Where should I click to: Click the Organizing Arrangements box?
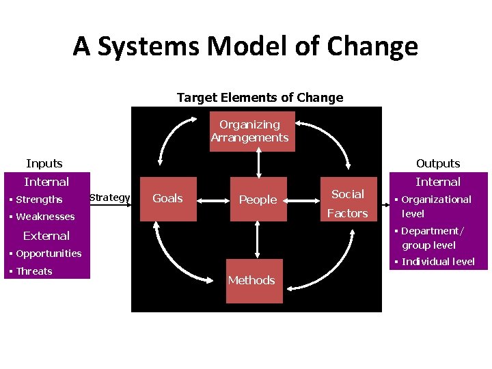pyautogui.click(x=249, y=131)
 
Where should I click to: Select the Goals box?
pyautogui.click(x=167, y=198)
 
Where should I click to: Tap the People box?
pyautogui.click(x=258, y=200)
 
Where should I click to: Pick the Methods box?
pyautogui.click(x=251, y=280)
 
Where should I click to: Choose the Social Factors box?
pyautogui.click(x=347, y=204)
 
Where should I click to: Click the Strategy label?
pyautogui.click(x=109, y=197)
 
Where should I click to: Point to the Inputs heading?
pyautogui.click(x=44, y=163)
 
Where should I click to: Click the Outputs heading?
pyautogui.click(x=438, y=163)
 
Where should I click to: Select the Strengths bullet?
pyautogui.click(x=39, y=200)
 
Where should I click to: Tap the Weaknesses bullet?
pyautogui.click(x=45, y=217)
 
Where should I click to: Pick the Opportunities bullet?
pyautogui.click(x=49, y=254)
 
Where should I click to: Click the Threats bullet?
pyautogui.click(x=34, y=271)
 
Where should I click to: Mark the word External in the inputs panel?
pyautogui.click(x=46, y=236)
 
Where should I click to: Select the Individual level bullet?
pyautogui.click(x=438, y=262)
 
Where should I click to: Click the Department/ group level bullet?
pyautogui.click(x=432, y=238)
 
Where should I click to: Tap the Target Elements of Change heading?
pyautogui.click(x=260, y=98)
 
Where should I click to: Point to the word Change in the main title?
pyautogui.click(x=372, y=46)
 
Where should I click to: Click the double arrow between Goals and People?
pyautogui.click(x=208, y=199)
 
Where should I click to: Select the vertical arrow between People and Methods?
pyautogui.click(x=258, y=238)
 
